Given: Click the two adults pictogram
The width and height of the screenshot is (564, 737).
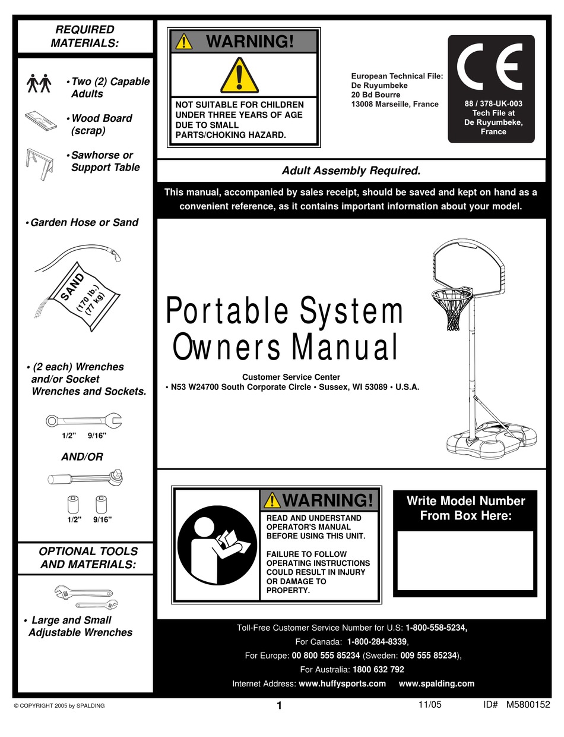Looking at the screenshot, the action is (x=40, y=84).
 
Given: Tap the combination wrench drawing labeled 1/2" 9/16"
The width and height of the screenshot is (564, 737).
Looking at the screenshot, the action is (x=84, y=421).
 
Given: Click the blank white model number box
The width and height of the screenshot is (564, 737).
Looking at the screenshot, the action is (x=465, y=560).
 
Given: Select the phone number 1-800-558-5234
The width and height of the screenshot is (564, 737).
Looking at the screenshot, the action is (x=436, y=628).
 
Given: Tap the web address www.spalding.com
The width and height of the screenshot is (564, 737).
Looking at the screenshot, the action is (x=436, y=684).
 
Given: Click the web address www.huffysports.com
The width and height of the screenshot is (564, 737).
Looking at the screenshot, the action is (x=342, y=684).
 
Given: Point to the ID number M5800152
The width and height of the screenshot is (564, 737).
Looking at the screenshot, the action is (x=528, y=705).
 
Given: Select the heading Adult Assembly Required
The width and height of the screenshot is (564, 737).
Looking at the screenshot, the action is (x=351, y=171).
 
